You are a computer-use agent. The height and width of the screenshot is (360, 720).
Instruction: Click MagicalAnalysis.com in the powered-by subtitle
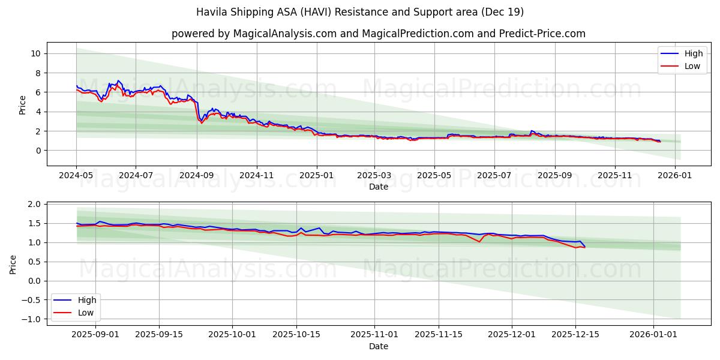tap(286, 34)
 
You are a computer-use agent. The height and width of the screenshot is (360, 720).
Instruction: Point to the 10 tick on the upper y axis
tap(35, 53)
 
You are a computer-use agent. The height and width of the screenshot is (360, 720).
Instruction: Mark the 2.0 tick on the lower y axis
tap(34, 204)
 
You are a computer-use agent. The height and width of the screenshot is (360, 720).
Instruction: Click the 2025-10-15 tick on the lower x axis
tap(296, 334)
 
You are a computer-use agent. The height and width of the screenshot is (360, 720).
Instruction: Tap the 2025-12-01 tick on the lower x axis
tap(512, 334)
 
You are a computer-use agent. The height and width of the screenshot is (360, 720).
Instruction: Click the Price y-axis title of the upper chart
tap(23, 104)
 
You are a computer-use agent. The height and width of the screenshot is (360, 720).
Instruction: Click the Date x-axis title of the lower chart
tap(378, 346)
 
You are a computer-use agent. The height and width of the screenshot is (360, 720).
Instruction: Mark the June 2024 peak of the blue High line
tap(118, 80)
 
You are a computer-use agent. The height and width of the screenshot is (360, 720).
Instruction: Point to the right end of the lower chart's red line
tap(584, 247)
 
